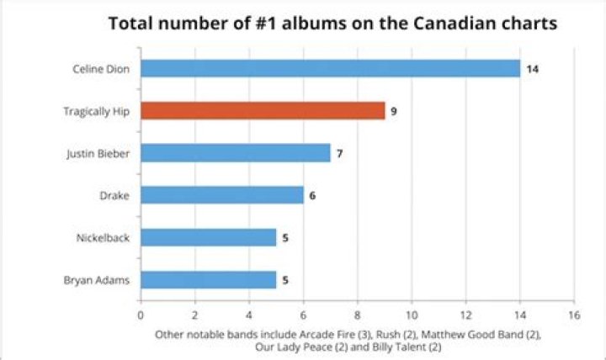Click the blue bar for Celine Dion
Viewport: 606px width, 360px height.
pyautogui.click(x=330, y=69)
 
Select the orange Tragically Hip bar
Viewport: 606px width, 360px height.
pyautogui.click(x=263, y=111)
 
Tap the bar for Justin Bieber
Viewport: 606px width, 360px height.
pyautogui.click(x=236, y=153)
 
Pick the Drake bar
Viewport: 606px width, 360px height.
pyautogui.click(x=222, y=195)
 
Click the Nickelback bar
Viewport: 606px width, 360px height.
pyautogui.click(x=208, y=237)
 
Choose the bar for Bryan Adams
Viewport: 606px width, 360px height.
pyautogui.click(x=208, y=279)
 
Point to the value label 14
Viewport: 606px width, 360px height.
pyautogui.click(x=532, y=69)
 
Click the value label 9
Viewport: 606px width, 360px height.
pyautogui.click(x=394, y=111)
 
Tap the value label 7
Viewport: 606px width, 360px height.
pyautogui.click(x=339, y=153)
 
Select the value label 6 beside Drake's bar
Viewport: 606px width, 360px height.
pyautogui.click(x=312, y=195)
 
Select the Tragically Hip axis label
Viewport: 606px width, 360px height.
pyautogui.click(x=97, y=111)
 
